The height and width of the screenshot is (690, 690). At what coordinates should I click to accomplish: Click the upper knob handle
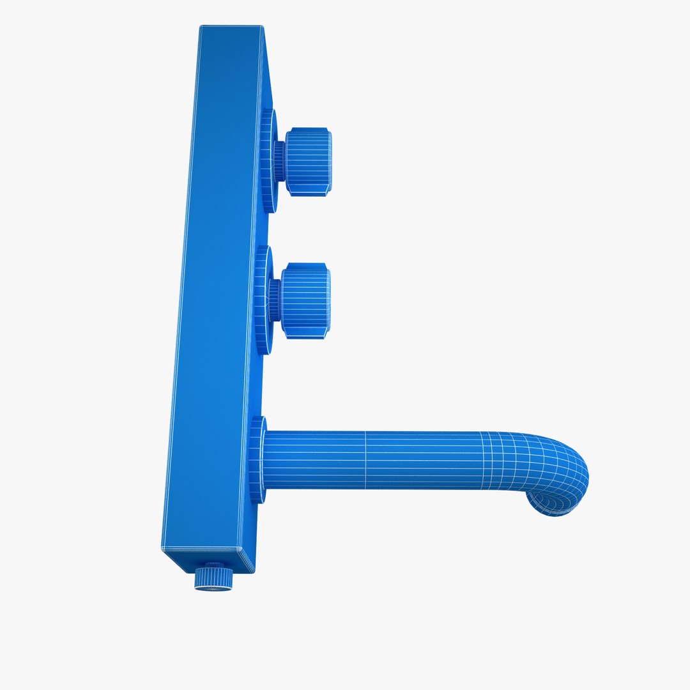[308, 162]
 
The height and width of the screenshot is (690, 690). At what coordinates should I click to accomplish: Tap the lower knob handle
[306, 300]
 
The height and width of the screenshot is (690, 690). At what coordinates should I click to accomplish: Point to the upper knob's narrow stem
[280, 161]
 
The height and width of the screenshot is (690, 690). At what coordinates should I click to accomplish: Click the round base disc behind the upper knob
[268, 161]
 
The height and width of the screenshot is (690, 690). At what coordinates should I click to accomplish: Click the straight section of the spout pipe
[383, 460]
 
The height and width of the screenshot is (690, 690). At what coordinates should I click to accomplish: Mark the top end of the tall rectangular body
[231, 27]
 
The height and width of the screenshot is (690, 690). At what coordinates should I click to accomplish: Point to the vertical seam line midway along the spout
[365, 460]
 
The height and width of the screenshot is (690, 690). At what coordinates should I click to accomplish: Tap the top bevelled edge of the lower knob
[306, 266]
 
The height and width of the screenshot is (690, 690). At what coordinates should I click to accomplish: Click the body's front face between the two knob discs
[263, 230]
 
